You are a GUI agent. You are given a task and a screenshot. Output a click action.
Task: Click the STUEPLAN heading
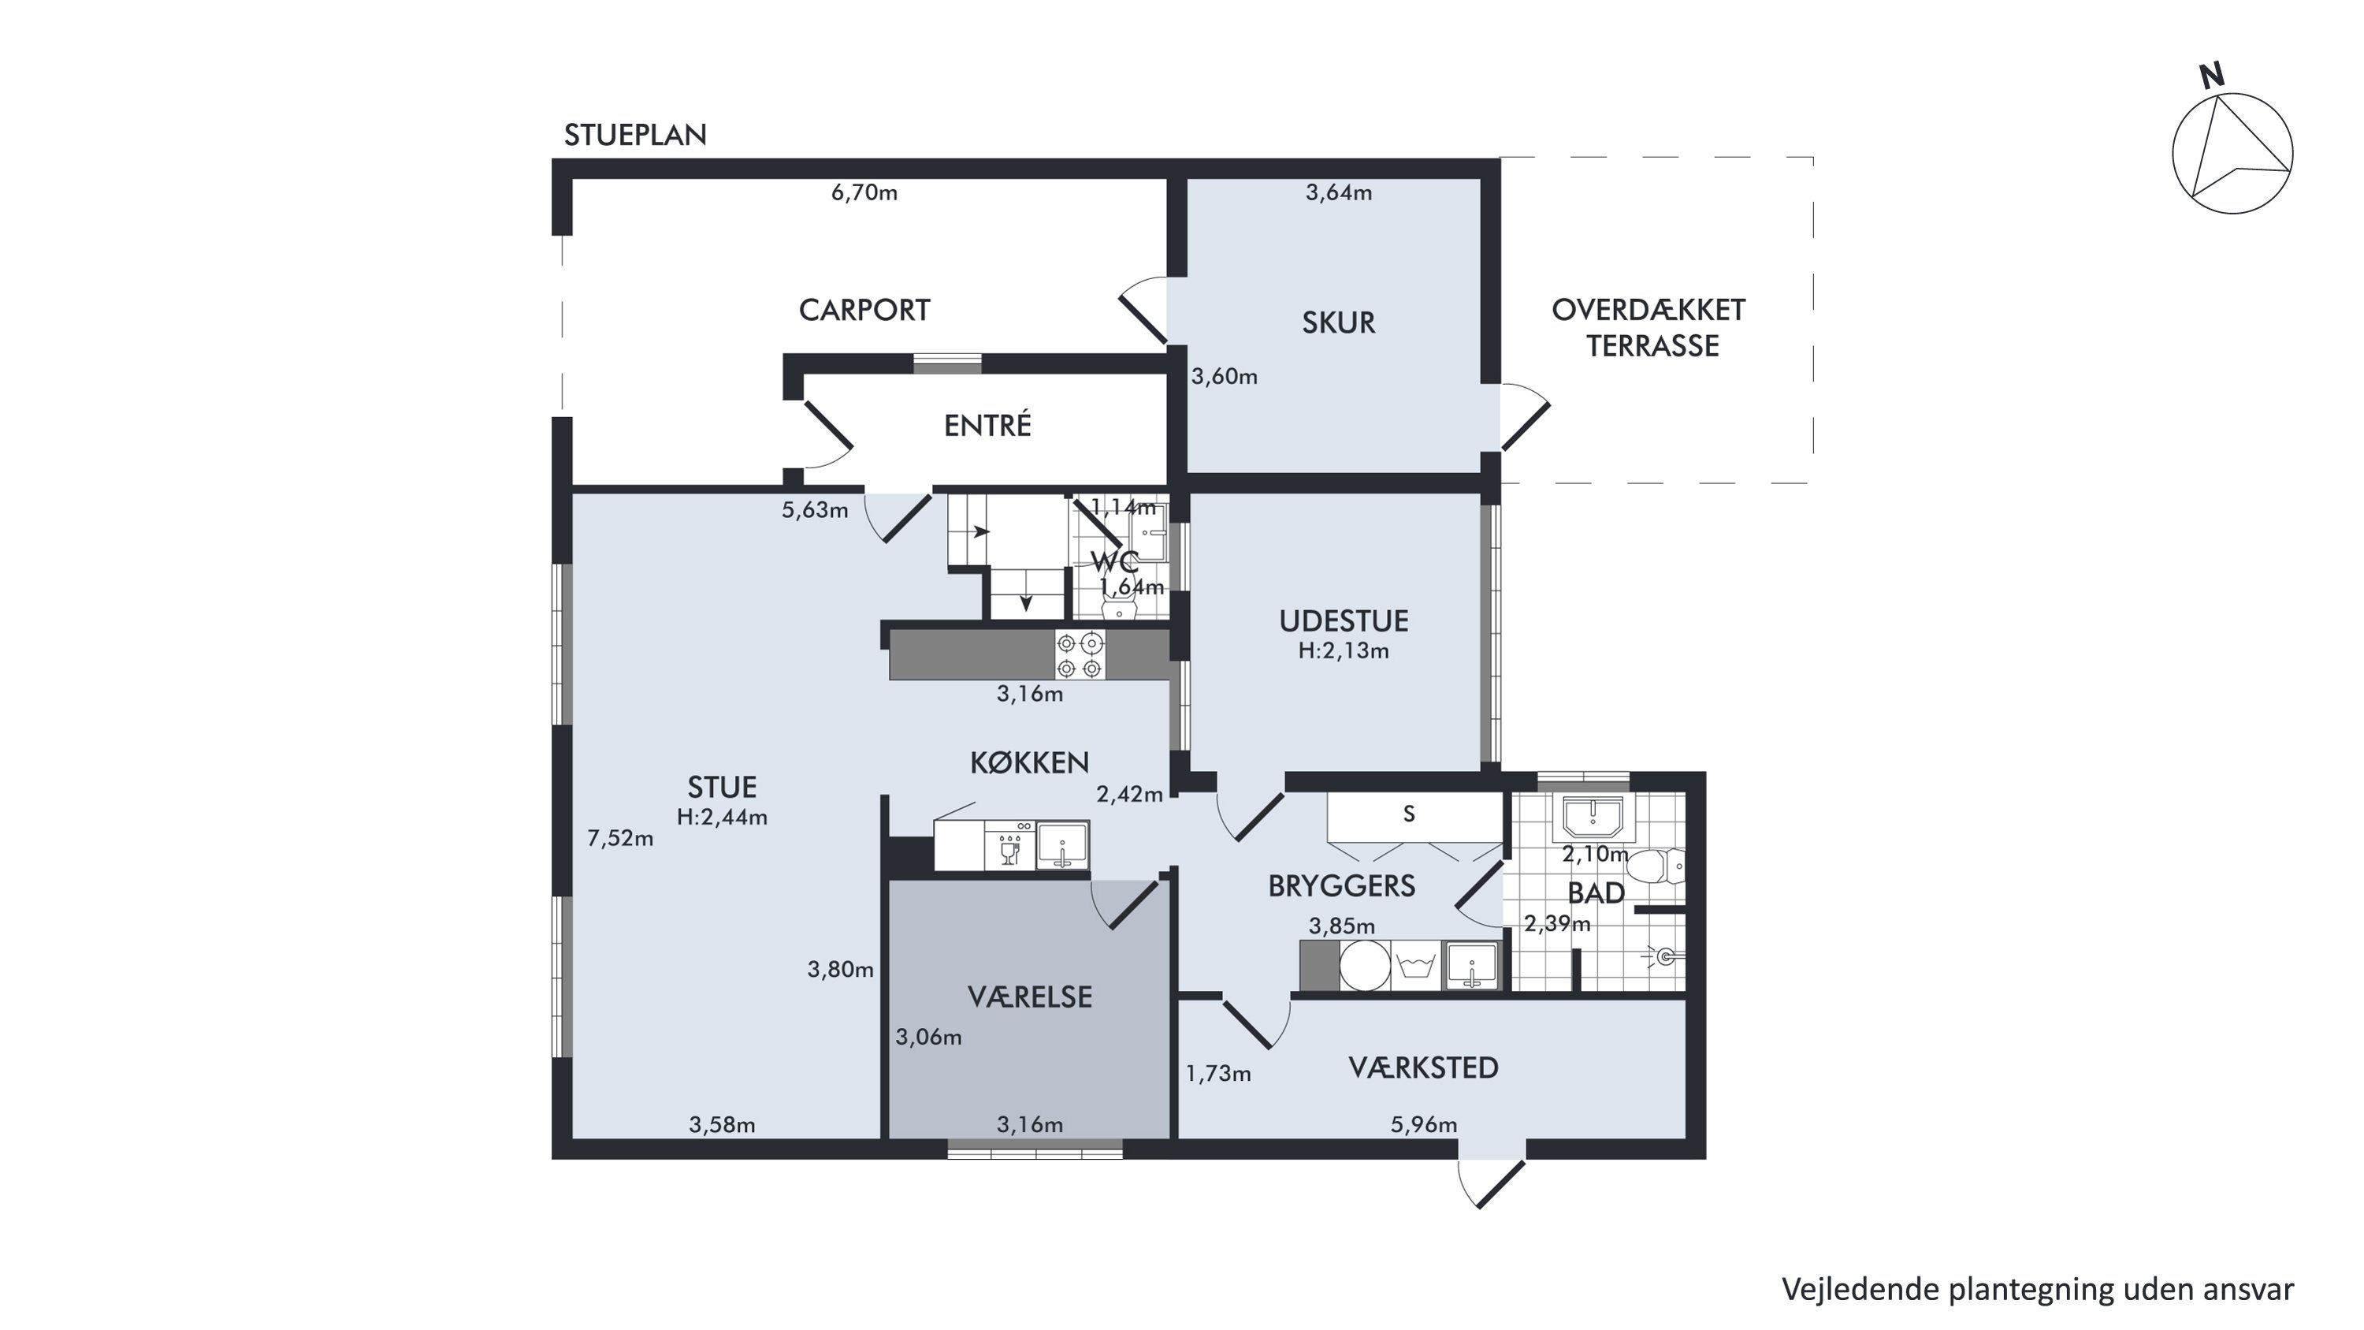tap(635, 135)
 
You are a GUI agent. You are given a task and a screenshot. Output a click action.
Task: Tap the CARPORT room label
tap(864, 311)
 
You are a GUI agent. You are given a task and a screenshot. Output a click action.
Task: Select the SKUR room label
tap(1338, 323)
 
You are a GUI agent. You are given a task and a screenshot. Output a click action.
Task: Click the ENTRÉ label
tap(987, 425)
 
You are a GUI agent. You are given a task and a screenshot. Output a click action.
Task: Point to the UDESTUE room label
tap(1344, 621)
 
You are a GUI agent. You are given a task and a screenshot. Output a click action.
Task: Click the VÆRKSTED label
tap(1423, 1067)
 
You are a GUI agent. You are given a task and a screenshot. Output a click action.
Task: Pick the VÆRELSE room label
tap(1030, 997)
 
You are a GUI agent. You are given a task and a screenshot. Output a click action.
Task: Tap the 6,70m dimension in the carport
tap(864, 192)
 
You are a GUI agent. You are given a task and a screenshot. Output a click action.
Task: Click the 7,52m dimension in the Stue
tap(620, 838)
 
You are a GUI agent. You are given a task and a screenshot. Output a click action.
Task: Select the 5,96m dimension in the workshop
tap(1423, 1124)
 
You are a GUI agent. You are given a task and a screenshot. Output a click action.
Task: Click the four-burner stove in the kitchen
tap(1080, 655)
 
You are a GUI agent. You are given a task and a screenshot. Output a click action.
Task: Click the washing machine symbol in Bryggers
tap(1416, 965)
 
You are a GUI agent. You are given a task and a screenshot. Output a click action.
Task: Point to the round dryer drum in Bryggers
tap(1365, 965)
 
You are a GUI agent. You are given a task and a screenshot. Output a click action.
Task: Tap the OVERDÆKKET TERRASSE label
tap(1650, 328)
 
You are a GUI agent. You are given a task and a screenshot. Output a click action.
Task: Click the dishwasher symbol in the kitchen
tap(1009, 844)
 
